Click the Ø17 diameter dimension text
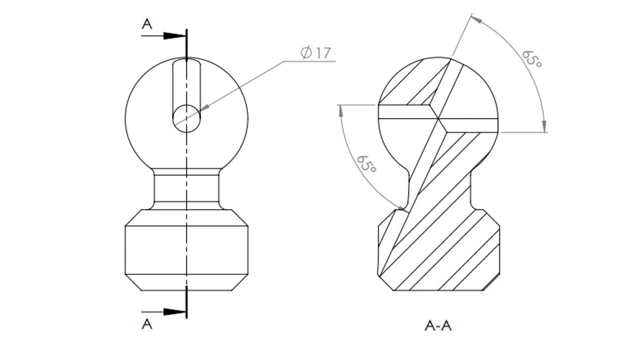pyautogui.click(x=316, y=53)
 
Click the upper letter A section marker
pyautogui.click(x=147, y=24)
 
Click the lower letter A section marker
pyautogui.click(x=147, y=324)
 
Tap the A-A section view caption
pyautogui.click(x=438, y=326)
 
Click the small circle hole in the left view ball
pyautogui.click(x=187, y=119)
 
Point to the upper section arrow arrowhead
pyautogui.click(x=173, y=36)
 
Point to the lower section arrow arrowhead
pyautogui.click(x=173, y=312)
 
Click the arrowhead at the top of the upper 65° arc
pyautogui.click(x=475, y=19)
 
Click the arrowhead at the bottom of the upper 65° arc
pyautogui.click(x=544, y=127)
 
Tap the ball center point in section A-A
pyautogui.click(x=438, y=119)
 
